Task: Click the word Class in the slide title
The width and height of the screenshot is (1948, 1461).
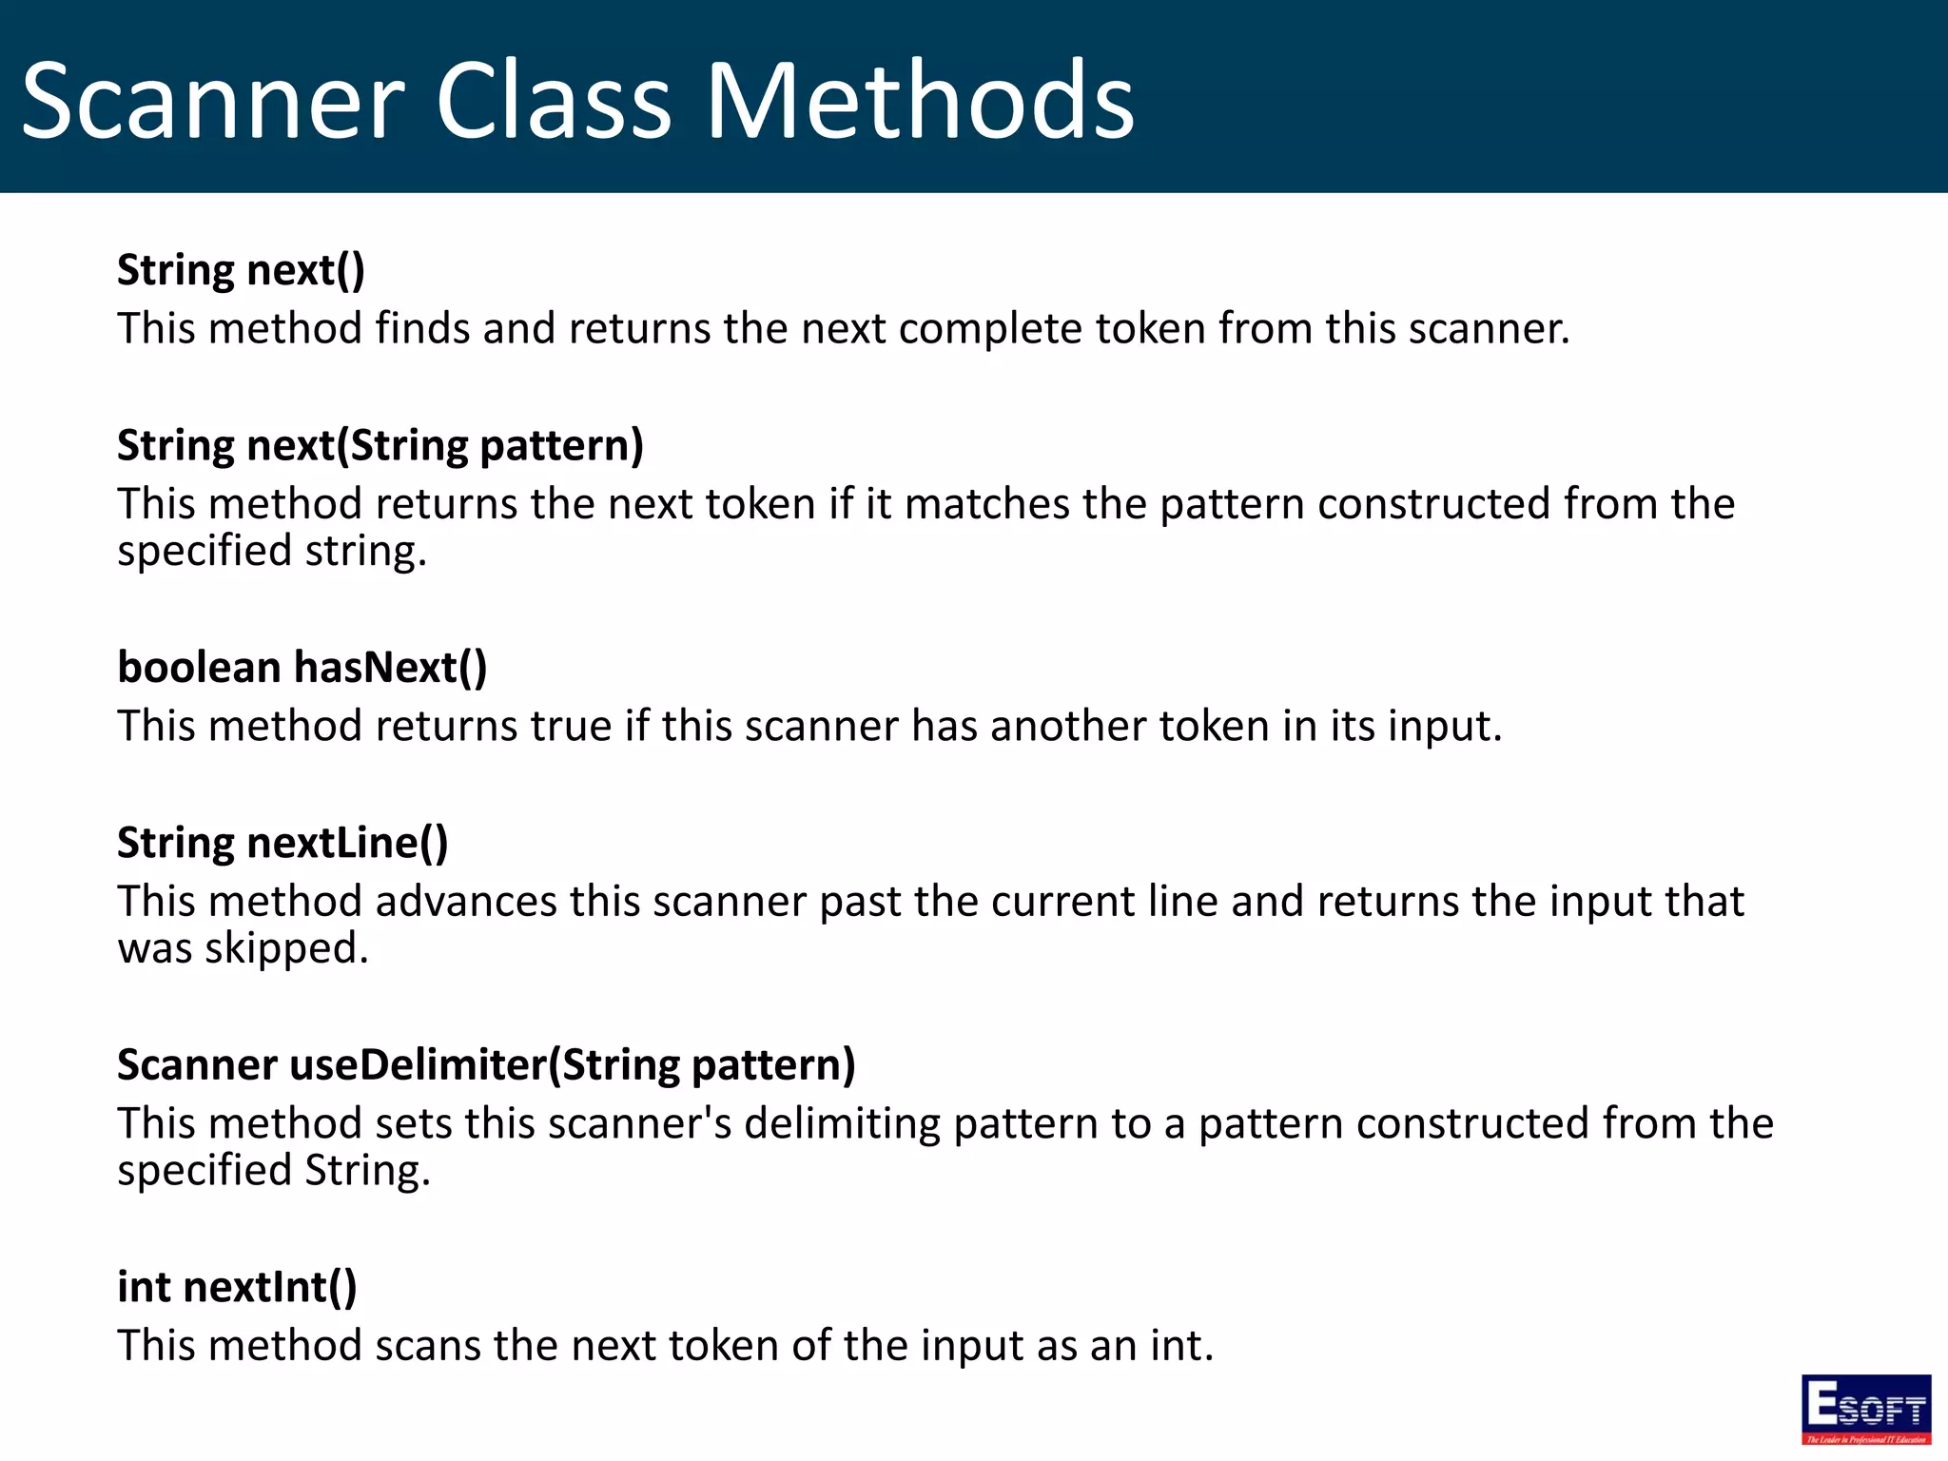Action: point(555,101)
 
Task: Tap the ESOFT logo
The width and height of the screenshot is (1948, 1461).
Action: point(1865,1409)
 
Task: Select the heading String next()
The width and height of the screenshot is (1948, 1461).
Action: point(241,270)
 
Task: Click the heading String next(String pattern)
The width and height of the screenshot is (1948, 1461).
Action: point(380,446)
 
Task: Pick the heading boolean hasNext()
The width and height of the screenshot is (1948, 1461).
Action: point(302,668)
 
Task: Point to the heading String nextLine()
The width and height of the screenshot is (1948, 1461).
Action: point(282,844)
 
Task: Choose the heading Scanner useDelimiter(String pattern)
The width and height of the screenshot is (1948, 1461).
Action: point(486,1065)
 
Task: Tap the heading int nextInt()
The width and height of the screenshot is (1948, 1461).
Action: point(237,1288)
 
